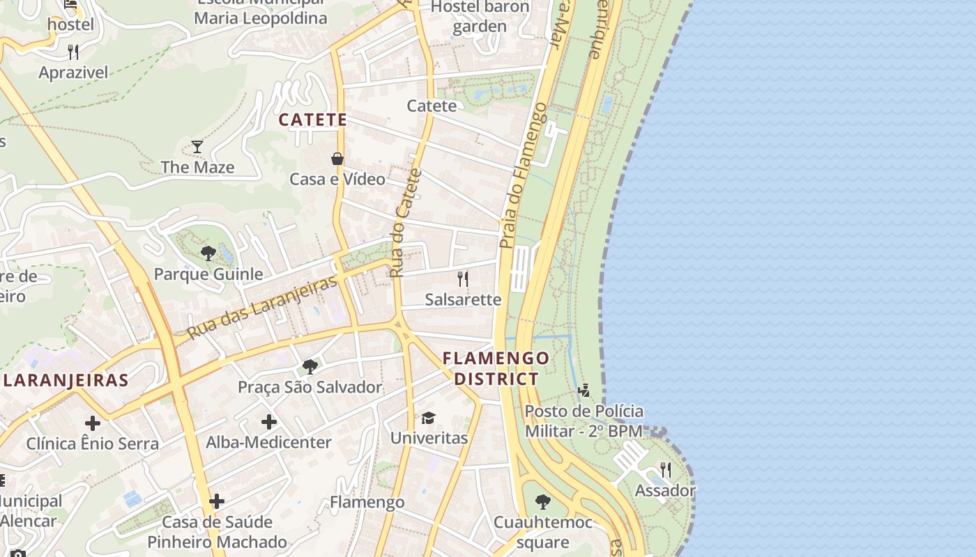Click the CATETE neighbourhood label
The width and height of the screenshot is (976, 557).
313,120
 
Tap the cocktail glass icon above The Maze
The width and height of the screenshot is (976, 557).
197,146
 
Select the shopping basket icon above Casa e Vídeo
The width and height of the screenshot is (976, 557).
337,159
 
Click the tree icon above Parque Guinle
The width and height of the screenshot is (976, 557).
208,253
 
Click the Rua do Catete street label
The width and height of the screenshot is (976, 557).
406,223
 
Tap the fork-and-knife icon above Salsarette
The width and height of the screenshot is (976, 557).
463,279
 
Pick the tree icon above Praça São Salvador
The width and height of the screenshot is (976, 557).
310,366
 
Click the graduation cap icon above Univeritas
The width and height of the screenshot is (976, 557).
428,418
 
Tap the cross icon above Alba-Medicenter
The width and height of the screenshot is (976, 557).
269,421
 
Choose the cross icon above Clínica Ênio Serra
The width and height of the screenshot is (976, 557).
92,423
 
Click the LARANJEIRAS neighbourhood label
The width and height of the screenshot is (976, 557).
66,380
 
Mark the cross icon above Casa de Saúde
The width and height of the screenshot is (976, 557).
217,501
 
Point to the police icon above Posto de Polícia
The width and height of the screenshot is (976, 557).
584,390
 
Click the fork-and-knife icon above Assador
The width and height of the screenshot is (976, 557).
665,469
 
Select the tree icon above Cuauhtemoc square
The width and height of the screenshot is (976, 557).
542,501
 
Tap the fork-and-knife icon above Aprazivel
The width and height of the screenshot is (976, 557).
73,52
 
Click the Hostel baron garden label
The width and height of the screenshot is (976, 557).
480,17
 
